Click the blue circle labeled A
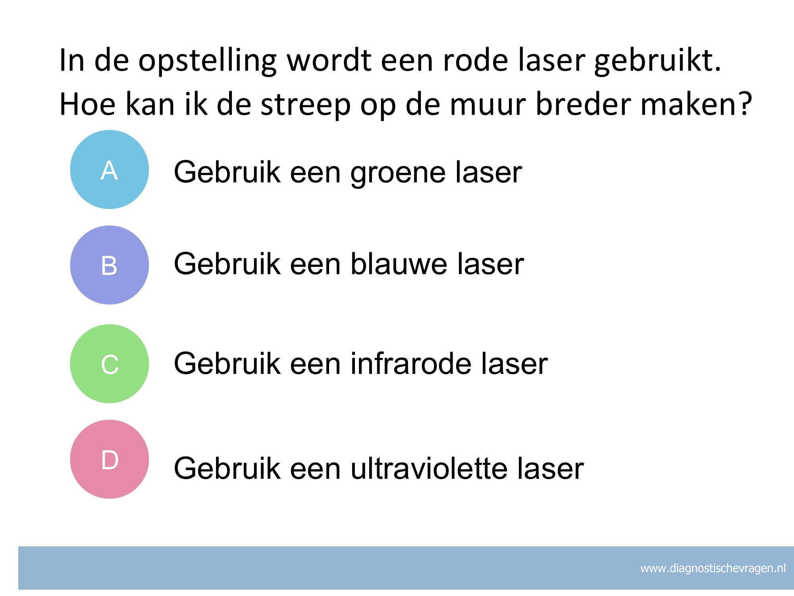coord(110,170)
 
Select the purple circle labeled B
coord(110,265)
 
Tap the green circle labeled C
coord(110,364)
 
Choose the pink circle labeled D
coord(110,459)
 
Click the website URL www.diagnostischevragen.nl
coord(713,569)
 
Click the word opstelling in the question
coord(207,62)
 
